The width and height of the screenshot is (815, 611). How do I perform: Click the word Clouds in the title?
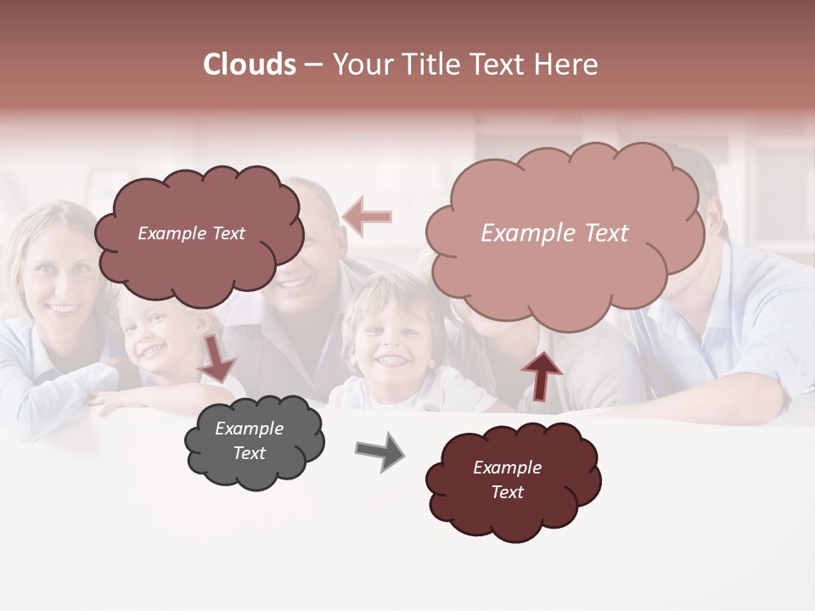pos(250,64)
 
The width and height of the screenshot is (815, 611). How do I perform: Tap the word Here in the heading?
pos(566,64)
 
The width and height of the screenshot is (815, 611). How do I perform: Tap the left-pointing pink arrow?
pos(368,216)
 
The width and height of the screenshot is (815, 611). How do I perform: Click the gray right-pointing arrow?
pos(379,451)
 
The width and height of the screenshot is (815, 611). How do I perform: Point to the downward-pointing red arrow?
pos(217,358)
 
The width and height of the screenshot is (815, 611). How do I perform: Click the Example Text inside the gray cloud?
pos(250,441)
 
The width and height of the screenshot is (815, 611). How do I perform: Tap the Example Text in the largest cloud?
pos(554,233)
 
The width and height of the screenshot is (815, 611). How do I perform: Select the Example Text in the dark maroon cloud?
pos(507,479)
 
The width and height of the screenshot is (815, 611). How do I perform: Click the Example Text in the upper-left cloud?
pos(191,233)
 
